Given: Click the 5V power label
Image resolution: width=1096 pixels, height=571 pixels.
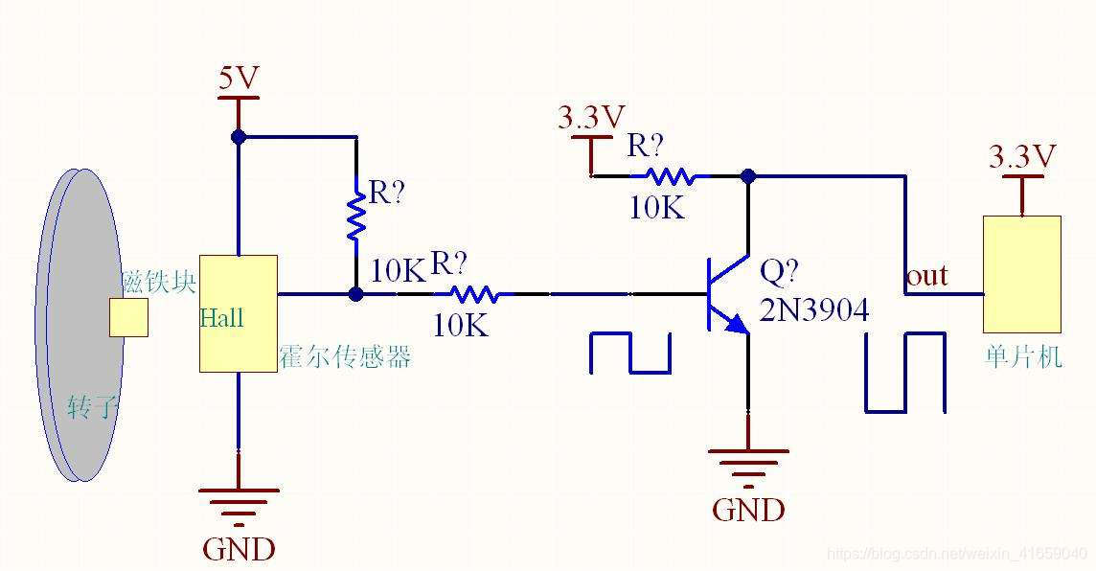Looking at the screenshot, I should tap(239, 79).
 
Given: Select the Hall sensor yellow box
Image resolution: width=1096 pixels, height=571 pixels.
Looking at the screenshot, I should tap(238, 312).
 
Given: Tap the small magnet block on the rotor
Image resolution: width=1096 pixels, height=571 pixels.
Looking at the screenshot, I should tap(128, 318).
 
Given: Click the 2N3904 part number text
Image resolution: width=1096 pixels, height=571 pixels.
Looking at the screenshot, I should tap(813, 309).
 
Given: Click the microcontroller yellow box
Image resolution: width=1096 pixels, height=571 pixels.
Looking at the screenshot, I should tap(1021, 274).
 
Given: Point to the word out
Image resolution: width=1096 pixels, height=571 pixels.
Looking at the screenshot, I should tap(926, 276).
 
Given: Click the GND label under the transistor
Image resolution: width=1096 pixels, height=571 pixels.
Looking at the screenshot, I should tap(748, 510).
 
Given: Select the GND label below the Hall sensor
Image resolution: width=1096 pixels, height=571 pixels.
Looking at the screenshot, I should tap(239, 549).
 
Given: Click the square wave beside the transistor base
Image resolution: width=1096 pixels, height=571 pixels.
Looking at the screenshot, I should tap(629, 353).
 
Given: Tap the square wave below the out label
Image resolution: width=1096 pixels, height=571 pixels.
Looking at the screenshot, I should tap(905, 373).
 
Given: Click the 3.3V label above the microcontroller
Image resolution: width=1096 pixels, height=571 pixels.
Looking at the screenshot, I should tap(1021, 156).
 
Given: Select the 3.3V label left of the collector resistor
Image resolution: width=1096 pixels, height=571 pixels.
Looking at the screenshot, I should tap(591, 117).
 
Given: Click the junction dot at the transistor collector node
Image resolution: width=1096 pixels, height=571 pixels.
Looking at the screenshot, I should tap(748, 176).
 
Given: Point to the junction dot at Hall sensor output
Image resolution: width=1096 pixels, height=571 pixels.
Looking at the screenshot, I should tap(355, 294).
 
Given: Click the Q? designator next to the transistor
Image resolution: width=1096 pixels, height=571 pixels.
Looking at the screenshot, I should tap(779, 272).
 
